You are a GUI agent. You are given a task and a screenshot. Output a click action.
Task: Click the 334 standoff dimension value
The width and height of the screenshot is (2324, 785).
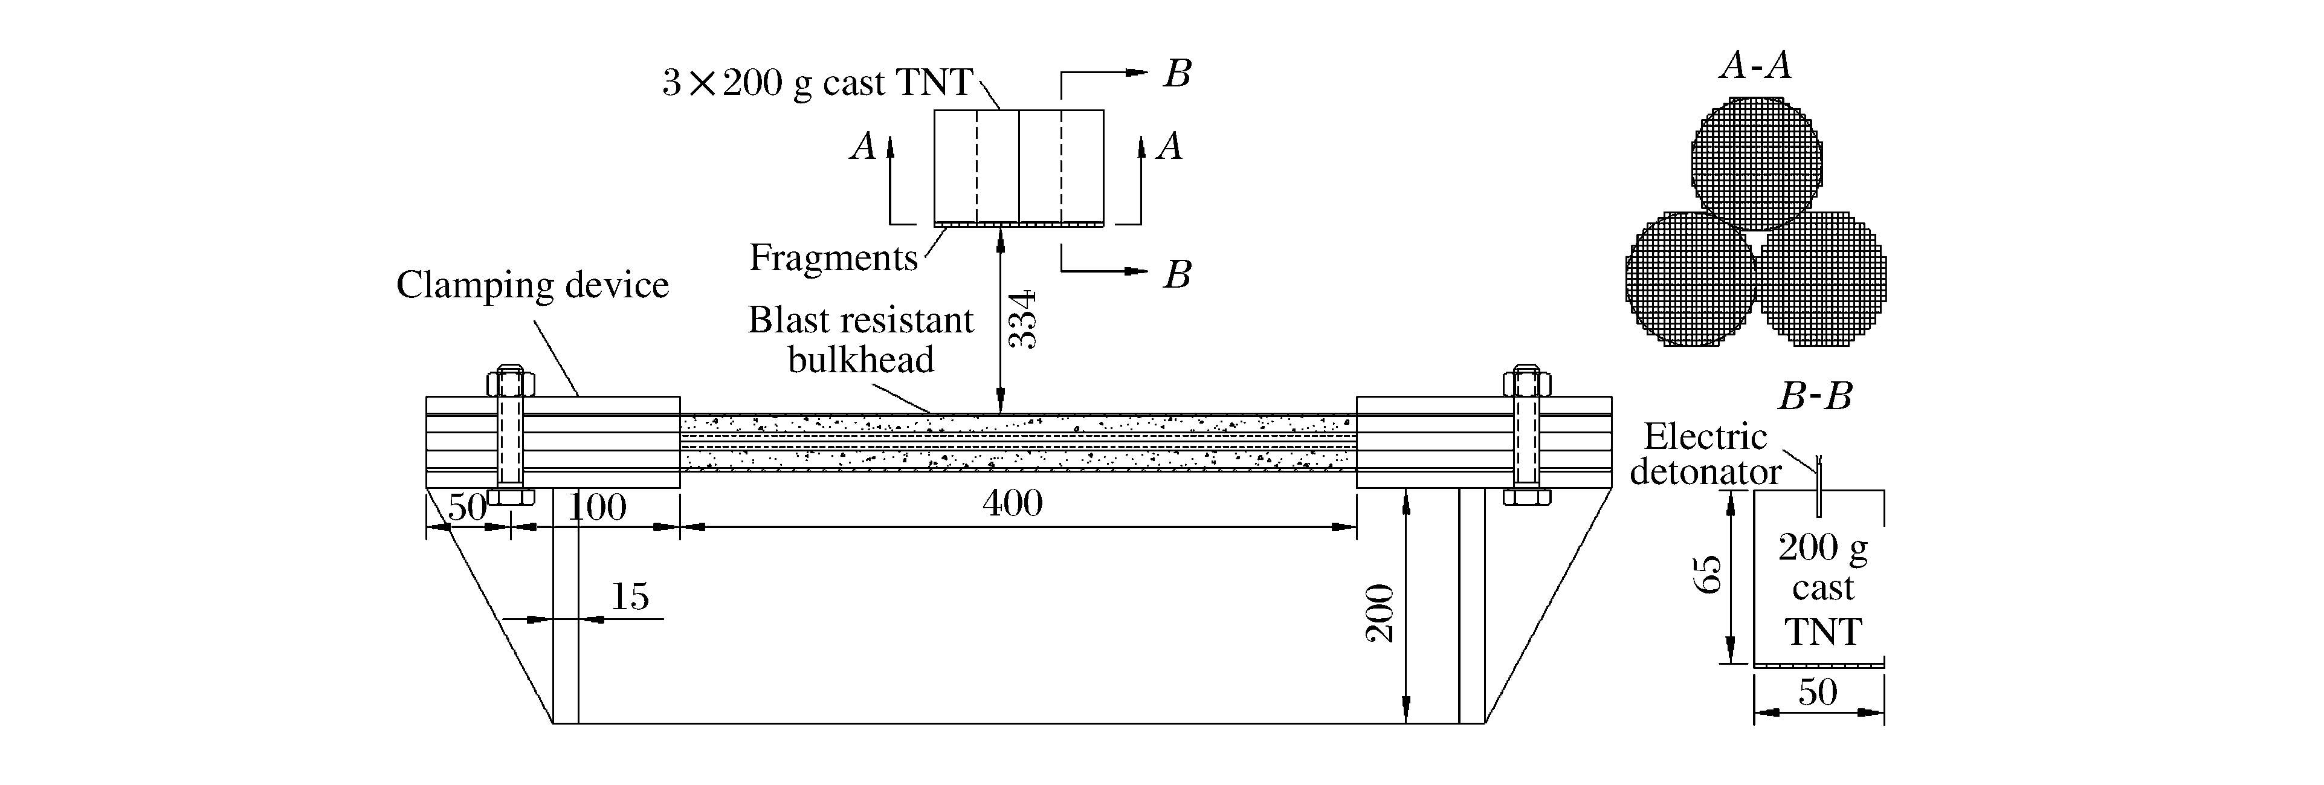tap(1022, 320)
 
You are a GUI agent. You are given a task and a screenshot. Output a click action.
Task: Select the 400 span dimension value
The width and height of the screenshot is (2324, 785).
tap(1012, 503)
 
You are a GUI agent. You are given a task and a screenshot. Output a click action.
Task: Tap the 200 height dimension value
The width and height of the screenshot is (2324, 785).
tap(1380, 613)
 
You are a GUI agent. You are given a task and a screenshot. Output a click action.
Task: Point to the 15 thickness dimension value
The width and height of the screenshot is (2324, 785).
tap(630, 596)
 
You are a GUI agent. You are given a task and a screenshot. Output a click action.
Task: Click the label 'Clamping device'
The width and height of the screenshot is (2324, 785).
tap(532, 285)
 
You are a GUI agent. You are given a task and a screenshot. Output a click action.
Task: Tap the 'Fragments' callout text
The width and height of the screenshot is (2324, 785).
tap(833, 258)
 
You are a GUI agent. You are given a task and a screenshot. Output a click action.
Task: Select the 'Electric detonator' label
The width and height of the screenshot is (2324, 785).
tap(1705, 454)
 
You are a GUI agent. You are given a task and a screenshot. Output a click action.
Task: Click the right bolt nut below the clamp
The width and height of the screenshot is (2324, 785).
tap(1526, 496)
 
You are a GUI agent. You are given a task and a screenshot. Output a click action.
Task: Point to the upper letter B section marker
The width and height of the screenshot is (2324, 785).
tap(1177, 74)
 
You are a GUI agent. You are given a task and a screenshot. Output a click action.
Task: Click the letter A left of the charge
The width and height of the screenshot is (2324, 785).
tap(863, 146)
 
